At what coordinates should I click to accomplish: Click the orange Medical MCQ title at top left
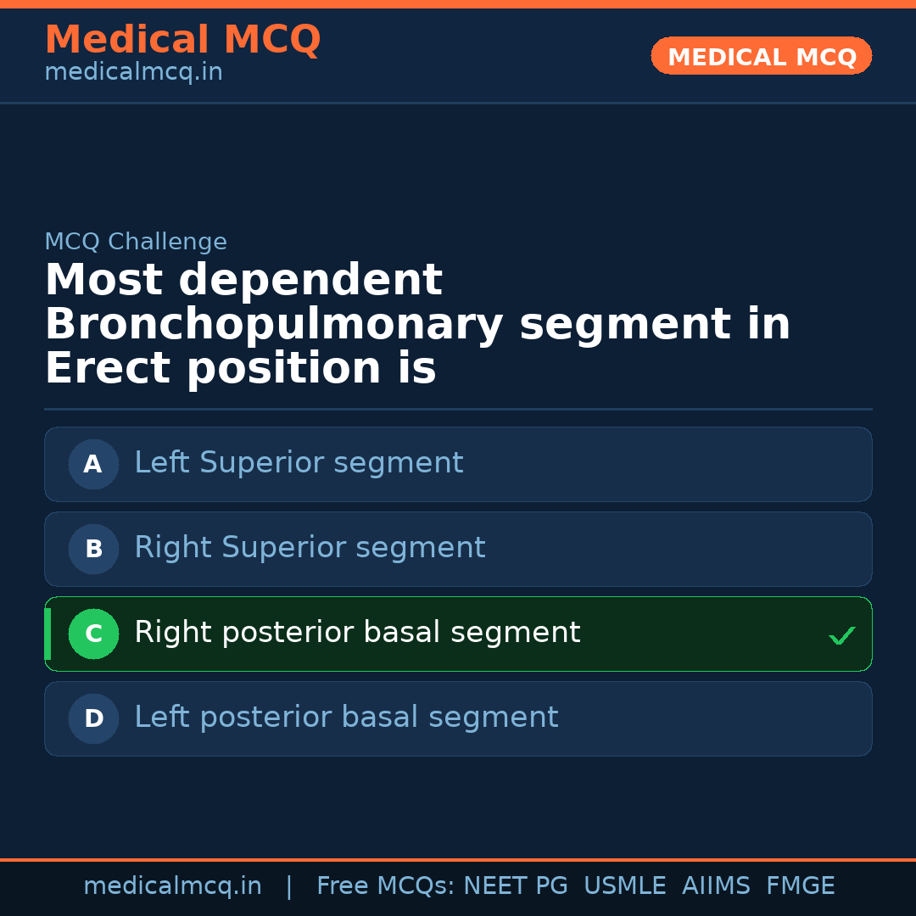[x=182, y=40]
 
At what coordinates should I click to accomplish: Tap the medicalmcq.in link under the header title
[x=133, y=72]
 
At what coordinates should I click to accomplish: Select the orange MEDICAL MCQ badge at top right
[x=762, y=56]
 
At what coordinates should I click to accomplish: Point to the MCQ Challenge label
[x=136, y=242]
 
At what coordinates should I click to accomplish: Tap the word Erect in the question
[x=109, y=369]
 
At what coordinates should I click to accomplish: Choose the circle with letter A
[x=93, y=464]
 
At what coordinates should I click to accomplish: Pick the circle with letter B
[x=93, y=549]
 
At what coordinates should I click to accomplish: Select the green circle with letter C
[x=93, y=634]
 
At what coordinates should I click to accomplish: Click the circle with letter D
[x=93, y=718]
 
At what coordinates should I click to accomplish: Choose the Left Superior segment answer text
[x=299, y=463]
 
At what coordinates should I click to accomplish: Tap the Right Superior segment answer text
[x=310, y=548]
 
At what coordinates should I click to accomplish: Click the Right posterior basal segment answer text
[x=357, y=633]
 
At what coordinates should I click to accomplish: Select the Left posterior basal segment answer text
[x=346, y=718]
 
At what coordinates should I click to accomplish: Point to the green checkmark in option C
[x=841, y=635]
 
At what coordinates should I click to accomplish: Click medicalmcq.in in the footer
[x=172, y=886]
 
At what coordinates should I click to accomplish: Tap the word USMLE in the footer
[x=624, y=886]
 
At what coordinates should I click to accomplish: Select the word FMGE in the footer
[x=800, y=886]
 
